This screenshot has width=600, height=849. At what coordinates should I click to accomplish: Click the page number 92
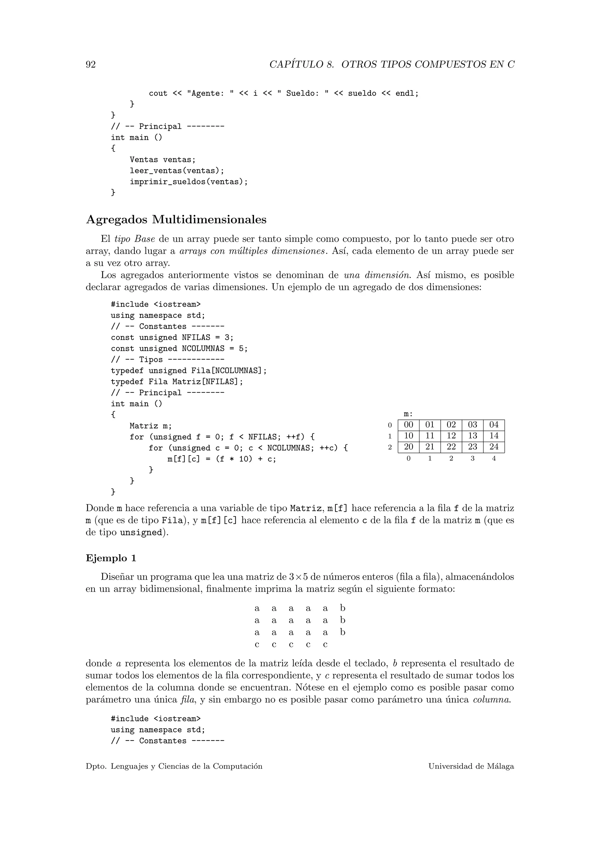point(91,65)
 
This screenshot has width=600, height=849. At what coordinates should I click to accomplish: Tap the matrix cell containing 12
point(451,436)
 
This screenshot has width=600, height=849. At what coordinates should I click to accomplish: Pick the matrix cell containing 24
point(494,447)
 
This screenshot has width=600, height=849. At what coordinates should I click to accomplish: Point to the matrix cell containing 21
point(430,447)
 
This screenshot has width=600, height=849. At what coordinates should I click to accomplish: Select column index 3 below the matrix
point(473,459)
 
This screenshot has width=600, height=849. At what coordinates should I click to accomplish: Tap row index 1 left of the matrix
point(389,436)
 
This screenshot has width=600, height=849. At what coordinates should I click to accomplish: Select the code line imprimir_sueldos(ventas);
point(188,182)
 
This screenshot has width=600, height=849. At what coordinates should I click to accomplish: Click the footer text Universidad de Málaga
point(471,767)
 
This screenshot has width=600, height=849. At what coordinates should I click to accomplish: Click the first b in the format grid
point(342,608)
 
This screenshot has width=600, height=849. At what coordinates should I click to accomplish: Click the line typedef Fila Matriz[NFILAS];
point(177,382)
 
